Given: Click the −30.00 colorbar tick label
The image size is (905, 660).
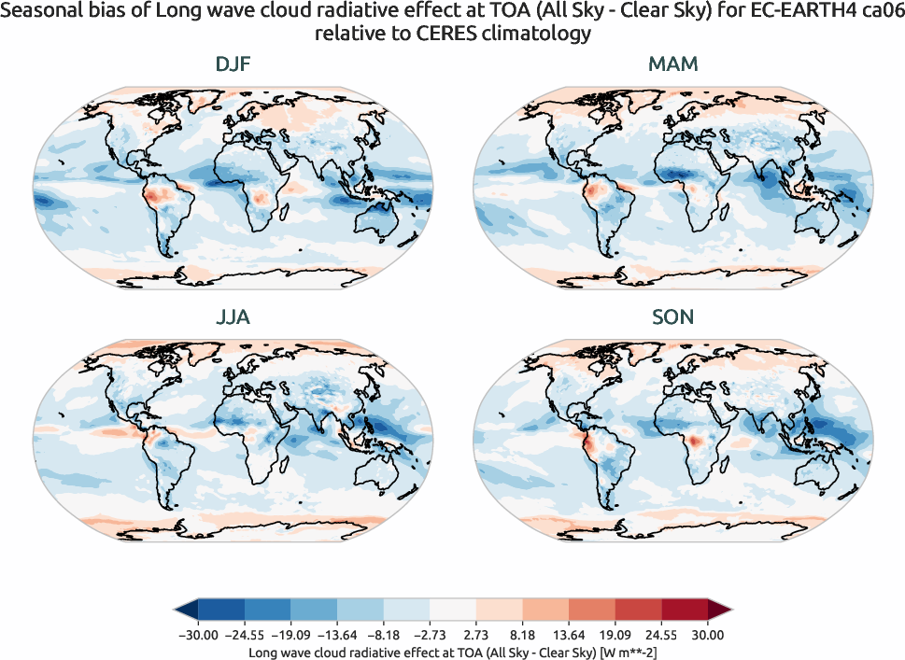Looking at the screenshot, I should [x=197, y=636].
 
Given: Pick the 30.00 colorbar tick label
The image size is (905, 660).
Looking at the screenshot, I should [x=708, y=636].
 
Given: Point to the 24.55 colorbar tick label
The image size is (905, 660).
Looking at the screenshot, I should [x=662, y=636].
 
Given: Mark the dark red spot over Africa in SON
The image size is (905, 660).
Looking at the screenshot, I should [x=696, y=440].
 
